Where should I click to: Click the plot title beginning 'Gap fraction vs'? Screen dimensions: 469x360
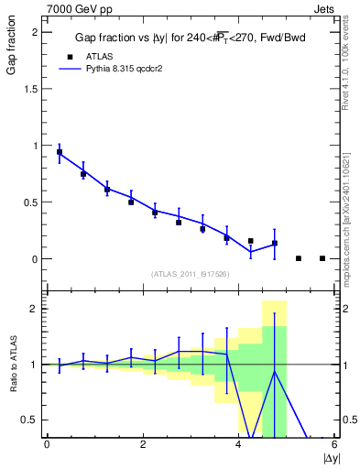click(x=191, y=38)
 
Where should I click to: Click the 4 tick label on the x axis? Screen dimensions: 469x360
click(x=239, y=444)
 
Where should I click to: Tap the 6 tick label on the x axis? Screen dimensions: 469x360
click(x=334, y=444)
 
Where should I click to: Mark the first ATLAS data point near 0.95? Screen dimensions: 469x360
click(x=60, y=152)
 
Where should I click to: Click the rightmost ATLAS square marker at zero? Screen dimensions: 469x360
click(x=322, y=258)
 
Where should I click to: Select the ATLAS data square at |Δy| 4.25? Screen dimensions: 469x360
click(x=251, y=241)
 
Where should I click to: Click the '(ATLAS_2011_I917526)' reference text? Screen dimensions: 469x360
click(x=190, y=274)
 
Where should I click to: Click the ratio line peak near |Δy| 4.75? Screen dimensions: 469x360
click(x=275, y=370)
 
